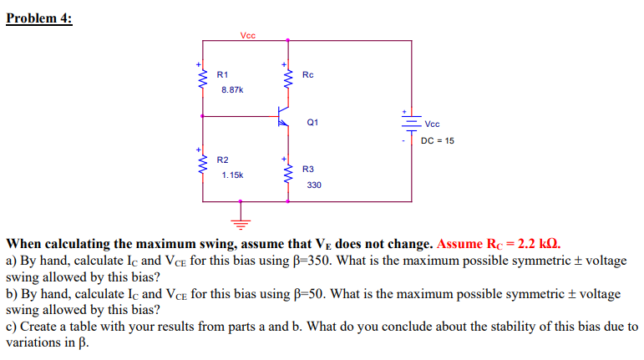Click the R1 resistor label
tap(223, 74)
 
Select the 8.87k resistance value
tap(231, 88)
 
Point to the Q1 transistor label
tap(312, 122)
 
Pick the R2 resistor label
tap(223, 159)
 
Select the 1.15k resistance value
tap(231, 175)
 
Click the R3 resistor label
tap(308, 169)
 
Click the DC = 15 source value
tap(438, 140)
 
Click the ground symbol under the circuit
tap(241, 222)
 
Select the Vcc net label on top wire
tap(248, 35)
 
